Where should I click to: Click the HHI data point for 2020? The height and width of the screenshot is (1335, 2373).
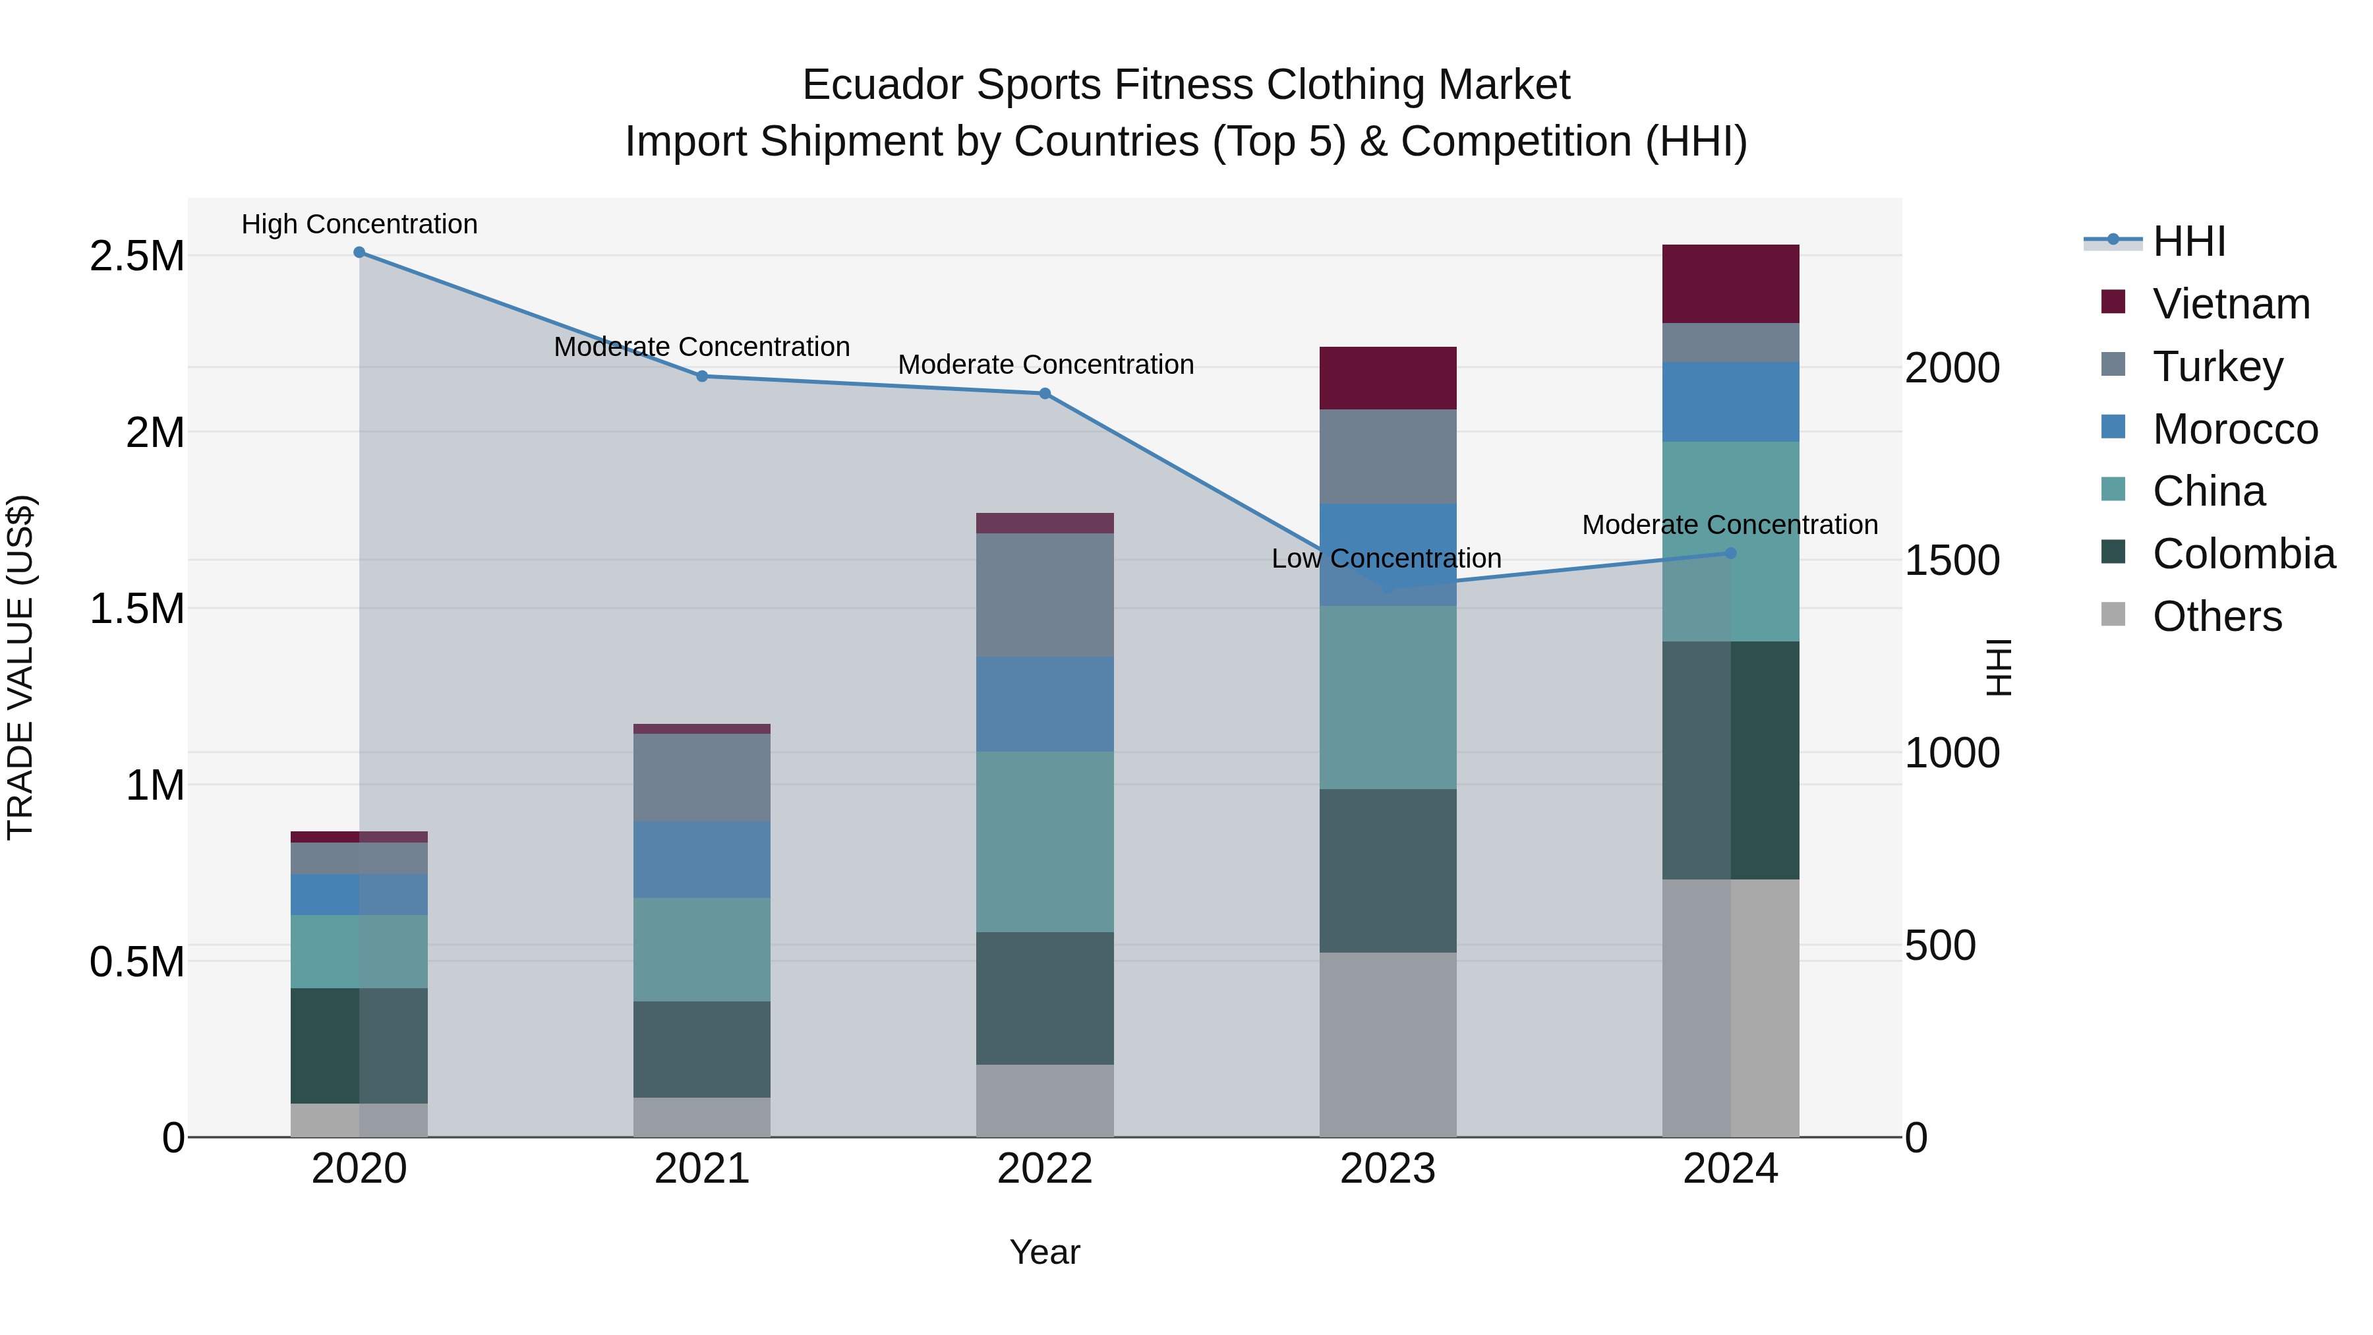click(x=359, y=252)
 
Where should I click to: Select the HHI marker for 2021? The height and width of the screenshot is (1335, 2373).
click(x=702, y=376)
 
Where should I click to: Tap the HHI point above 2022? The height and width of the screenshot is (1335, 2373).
click(x=1045, y=394)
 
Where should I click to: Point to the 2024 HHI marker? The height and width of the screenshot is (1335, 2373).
click(x=1730, y=553)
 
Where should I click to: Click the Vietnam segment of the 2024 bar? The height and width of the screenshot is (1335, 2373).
click(x=1730, y=283)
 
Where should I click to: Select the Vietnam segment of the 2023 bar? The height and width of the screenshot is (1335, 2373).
click(x=1388, y=378)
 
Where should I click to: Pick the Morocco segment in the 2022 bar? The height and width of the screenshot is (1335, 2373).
click(x=1045, y=704)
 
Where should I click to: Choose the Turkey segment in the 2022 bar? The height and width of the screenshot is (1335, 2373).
click(x=1045, y=594)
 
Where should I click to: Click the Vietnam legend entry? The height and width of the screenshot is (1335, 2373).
click(x=2230, y=304)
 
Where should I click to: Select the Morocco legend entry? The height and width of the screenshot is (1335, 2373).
click(x=2234, y=429)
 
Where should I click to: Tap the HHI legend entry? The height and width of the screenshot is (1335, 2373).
click(x=2188, y=241)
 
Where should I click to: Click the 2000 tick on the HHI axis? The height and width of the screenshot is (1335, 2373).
click(x=1952, y=369)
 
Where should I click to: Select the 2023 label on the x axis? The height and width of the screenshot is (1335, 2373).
click(x=1388, y=1169)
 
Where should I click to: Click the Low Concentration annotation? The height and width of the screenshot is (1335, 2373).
click(x=1386, y=558)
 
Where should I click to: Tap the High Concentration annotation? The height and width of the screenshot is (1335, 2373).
click(x=359, y=224)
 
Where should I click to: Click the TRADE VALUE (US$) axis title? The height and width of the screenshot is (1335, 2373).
click(x=20, y=667)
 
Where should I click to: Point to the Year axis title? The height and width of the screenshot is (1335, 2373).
click(x=1045, y=1252)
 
